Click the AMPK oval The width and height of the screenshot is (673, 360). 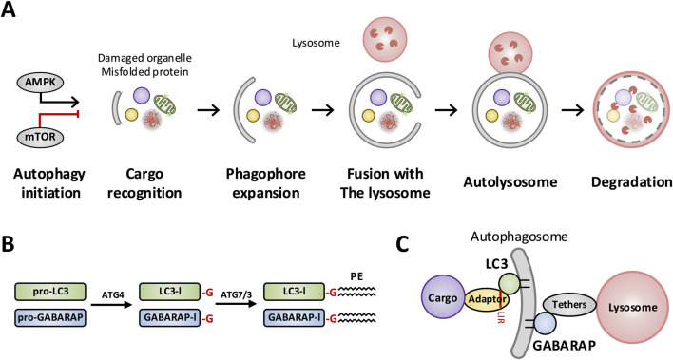coord(41,83)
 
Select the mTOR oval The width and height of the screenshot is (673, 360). coord(41,138)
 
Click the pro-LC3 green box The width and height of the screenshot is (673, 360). coord(50,292)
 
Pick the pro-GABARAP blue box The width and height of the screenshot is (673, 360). coord(50,318)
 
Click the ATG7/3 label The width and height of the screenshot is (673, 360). coord(235,295)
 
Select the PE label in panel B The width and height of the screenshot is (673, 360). coord(356,276)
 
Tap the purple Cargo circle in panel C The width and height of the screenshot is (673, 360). coord(443,297)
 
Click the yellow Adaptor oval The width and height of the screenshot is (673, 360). coord(487,298)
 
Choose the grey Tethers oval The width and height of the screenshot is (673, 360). coord(569,305)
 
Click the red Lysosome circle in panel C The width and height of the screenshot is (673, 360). coord(633,308)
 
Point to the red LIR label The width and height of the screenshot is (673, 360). coord(500,317)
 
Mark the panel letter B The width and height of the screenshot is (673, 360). coord(9,244)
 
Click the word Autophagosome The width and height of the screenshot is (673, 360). coord(519,237)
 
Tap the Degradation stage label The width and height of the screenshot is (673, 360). coord(631,182)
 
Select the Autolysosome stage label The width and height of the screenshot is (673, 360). coord(510,182)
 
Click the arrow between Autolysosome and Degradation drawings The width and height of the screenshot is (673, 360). coord(573,111)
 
